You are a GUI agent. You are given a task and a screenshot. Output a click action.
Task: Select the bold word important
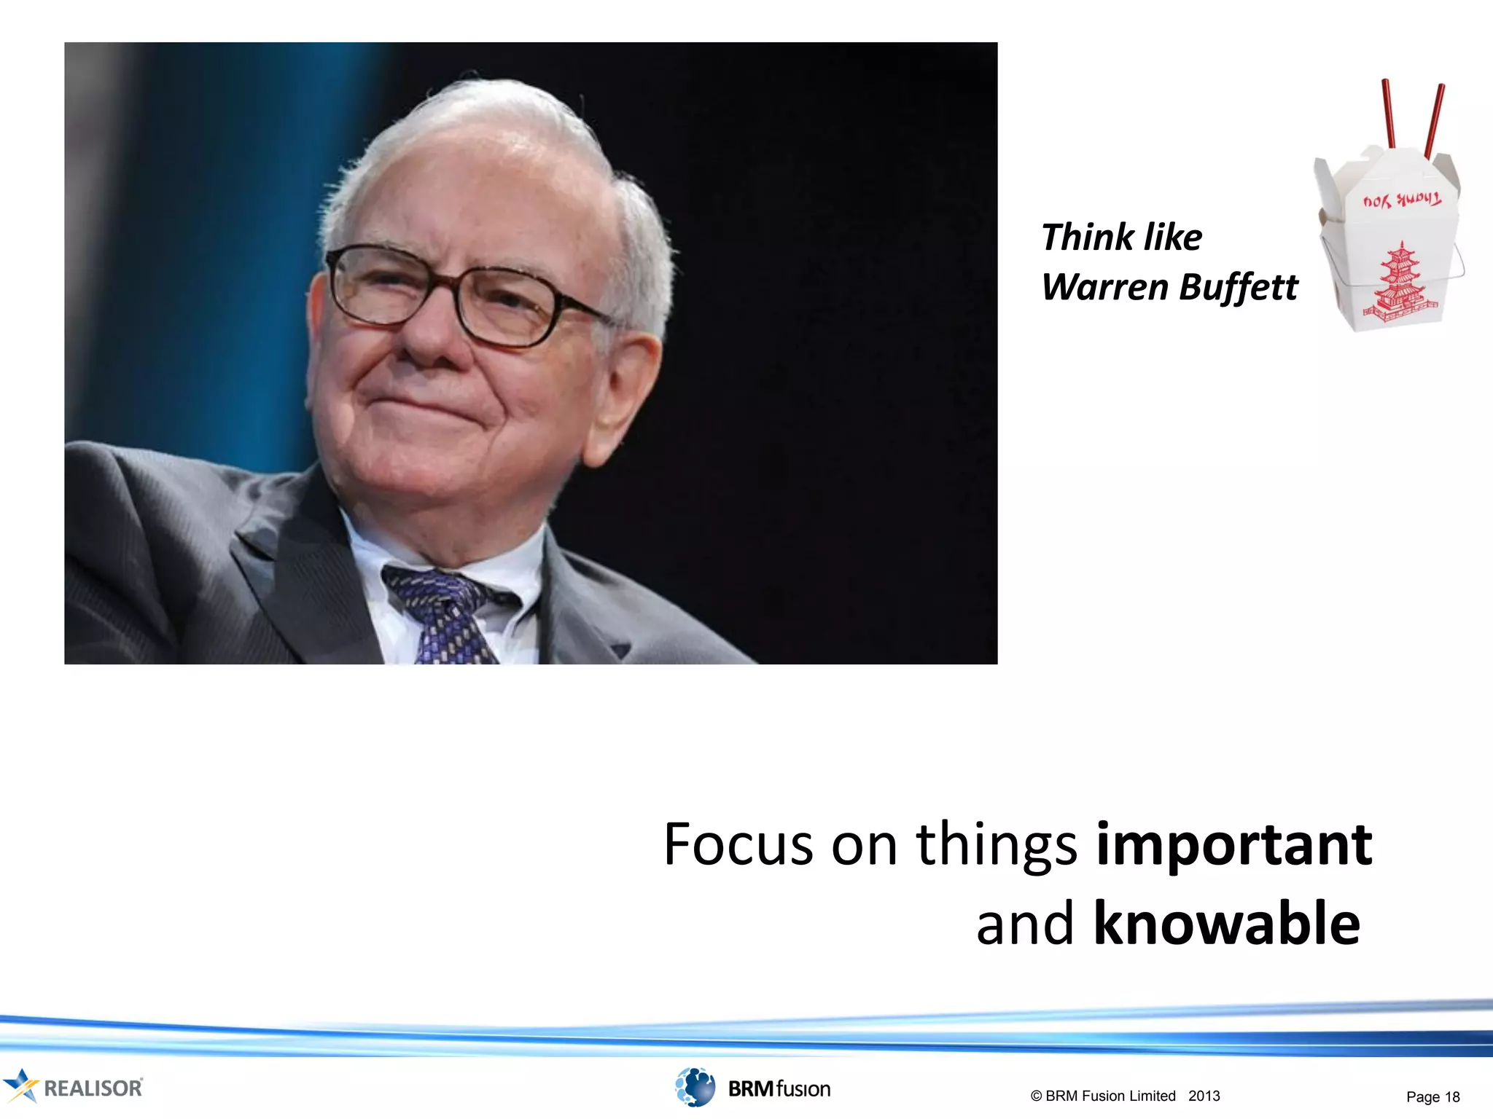[1233, 845]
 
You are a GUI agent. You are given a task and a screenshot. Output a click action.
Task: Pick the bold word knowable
[1226, 924]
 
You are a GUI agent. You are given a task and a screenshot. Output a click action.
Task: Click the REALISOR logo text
[93, 1088]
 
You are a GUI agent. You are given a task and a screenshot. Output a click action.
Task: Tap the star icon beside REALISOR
[20, 1085]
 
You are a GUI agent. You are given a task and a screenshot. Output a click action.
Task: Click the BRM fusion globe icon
[695, 1087]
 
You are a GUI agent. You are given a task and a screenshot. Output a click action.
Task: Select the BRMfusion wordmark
[779, 1088]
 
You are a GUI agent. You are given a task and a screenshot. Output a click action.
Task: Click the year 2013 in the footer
[1204, 1096]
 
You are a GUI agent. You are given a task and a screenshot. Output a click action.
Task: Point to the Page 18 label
[1432, 1096]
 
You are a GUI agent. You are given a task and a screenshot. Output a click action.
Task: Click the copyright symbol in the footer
[1036, 1096]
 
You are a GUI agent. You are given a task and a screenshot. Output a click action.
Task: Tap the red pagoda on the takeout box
[1400, 284]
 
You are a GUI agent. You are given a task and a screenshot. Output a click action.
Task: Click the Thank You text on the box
[1401, 200]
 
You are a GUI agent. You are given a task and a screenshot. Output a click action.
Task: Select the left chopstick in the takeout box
[1389, 113]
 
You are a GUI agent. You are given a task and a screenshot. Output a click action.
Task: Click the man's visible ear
[625, 393]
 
